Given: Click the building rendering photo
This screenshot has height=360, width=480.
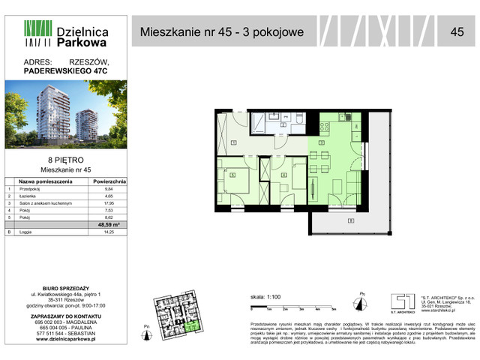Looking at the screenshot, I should click(68, 116).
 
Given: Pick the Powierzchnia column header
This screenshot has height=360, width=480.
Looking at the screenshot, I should click(109, 181).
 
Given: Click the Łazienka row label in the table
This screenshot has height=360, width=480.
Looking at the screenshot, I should click(31, 196).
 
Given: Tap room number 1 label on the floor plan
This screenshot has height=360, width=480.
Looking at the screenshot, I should click(234, 142).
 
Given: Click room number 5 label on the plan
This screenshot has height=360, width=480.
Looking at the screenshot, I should click(233, 175).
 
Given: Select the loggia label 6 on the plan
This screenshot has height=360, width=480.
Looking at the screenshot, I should click(351, 220).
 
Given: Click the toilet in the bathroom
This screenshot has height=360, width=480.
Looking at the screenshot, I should click(298, 120).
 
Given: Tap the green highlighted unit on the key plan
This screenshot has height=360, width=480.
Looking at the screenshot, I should click(193, 324).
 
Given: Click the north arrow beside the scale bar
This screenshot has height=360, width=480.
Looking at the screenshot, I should click(362, 303).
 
